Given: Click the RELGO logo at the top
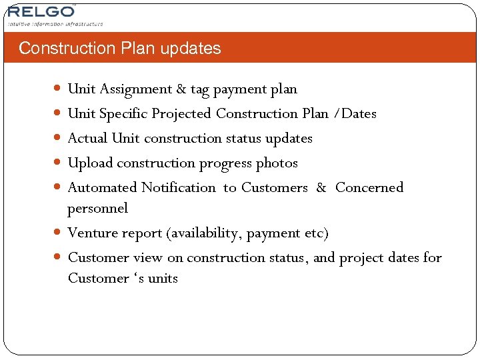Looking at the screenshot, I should click(41, 12).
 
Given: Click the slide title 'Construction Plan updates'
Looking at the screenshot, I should click(120, 49).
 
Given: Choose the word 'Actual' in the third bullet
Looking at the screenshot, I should click(88, 139).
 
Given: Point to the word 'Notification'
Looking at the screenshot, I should click(179, 188).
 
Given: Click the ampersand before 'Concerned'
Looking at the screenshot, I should click(321, 188).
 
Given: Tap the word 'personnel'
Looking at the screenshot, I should click(98, 209).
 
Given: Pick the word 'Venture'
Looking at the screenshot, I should click(92, 233).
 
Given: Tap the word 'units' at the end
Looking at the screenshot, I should click(163, 279).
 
